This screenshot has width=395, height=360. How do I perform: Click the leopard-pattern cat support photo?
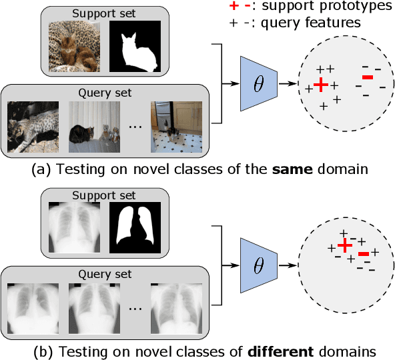[75, 47]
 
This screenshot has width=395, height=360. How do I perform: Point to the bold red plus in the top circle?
[322, 85]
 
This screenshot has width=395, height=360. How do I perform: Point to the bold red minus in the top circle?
[368, 79]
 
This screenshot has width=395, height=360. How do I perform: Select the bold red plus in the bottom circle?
[344, 246]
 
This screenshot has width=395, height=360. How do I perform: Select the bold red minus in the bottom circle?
[364, 253]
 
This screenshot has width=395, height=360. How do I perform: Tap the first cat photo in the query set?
[31, 126]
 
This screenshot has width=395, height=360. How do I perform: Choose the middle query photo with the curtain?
[93, 126]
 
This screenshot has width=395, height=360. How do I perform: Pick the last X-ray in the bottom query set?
[175, 307]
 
